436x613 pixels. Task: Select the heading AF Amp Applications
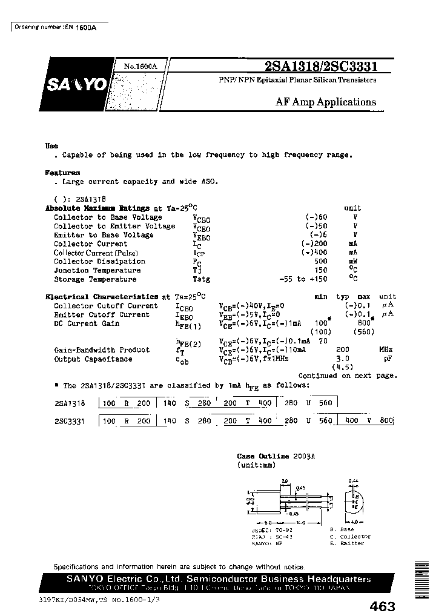pyautogui.click(x=326, y=102)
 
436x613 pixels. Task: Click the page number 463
pyautogui.click(x=381, y=606)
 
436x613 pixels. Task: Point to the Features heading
pyautogui.click(x=63, y=173)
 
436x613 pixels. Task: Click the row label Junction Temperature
pyautogui.click(x=97, y=271)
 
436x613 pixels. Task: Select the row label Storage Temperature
pyautogui.click(x=95, y=279)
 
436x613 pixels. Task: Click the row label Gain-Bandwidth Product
pyautogui.click(x=102, y=350)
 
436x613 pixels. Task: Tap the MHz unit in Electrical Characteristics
pyautogui.click(x=386, y=350)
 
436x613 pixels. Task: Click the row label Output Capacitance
pyautogui.click(x=93, y=359)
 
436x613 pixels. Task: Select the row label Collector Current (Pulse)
pyautogui.click(x=96, y=253)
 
